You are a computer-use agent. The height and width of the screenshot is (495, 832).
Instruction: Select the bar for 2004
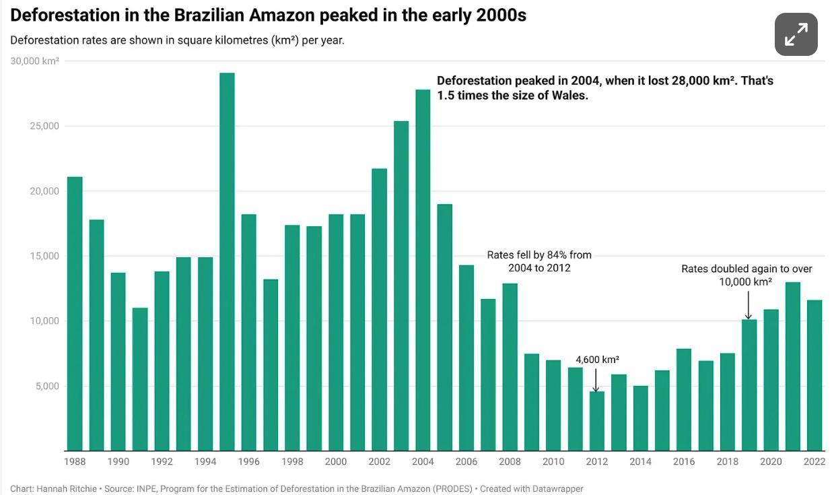click(x=423, y=270)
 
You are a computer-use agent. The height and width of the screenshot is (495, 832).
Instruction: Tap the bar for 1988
click(x=75, y=313)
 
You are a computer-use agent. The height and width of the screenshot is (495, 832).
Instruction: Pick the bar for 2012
click(x=596, y=421)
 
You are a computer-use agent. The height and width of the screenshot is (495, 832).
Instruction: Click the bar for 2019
click(x=749, y=385)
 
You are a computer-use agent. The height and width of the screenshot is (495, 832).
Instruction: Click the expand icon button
click(x=796, y=34)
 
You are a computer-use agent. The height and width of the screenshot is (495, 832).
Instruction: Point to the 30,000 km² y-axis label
click(x=35, y=61)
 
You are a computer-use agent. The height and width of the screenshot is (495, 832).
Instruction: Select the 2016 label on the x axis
click(x=684, y=461)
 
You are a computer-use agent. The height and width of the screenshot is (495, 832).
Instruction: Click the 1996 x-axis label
click(x=248, y=461)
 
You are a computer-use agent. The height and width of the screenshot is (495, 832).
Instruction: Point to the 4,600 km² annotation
click(x=597, y=360)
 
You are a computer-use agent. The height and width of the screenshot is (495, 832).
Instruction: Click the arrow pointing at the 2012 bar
click(x=596, y=379)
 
